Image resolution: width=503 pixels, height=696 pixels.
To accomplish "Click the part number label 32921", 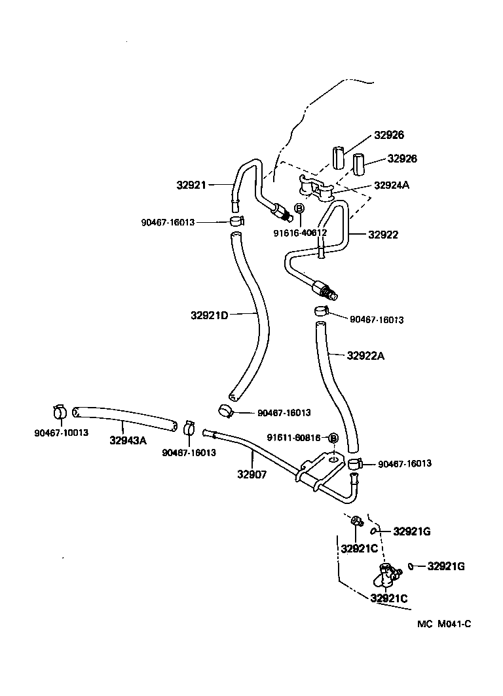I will click(x=191, y=185).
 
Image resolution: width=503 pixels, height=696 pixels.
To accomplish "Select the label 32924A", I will click(x=391, y=185).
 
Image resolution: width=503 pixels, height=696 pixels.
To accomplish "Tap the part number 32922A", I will click(x=365, y=356).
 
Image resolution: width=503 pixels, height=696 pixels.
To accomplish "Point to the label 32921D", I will click(x=209, y=315).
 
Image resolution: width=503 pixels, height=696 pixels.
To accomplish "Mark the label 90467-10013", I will click(x=61, y=433).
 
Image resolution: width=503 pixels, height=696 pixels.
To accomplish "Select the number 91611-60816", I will click(x=293, y=438).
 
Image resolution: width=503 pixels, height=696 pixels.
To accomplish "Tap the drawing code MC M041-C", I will click(x=444, y=623).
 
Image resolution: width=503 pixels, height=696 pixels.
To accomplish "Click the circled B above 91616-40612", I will click(x=299, y=208).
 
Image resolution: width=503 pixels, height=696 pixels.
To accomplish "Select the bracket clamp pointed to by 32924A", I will click(x=316, y=189).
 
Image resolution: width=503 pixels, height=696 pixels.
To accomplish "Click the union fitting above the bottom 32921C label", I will click(x=385, y=575).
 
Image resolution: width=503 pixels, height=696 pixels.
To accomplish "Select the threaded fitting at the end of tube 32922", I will click(x=323, y=289).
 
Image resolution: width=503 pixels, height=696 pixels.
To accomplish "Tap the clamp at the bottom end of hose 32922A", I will click(x=354, y=464).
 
